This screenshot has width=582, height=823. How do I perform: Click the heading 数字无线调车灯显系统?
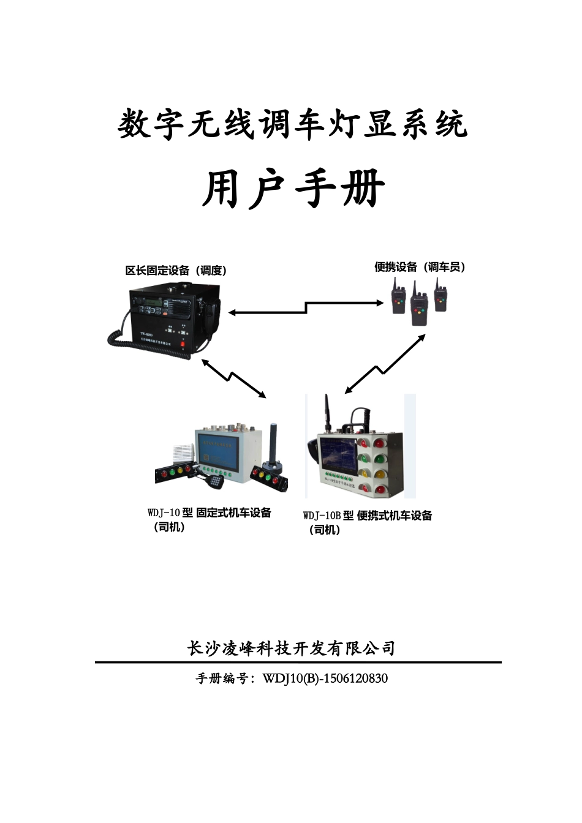(x=292, y=125)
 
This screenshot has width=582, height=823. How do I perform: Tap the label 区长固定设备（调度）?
(x=176, y=271)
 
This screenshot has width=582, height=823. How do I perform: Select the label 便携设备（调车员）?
(x=420, y=267)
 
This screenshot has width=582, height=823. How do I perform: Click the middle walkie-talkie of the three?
(x=419, y=304)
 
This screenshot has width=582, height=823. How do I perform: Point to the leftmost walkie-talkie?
(x=398, y=298)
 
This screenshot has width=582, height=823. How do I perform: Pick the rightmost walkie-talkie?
(x=440, y=296)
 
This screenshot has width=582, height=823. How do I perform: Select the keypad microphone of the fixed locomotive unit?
(x=214, y=481)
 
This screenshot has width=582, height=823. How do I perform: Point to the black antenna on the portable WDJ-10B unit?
(x=328, y=413)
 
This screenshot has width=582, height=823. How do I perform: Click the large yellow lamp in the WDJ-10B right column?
(x=380, y=473)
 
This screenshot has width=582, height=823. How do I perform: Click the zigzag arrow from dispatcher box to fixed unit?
(x=233, y=378)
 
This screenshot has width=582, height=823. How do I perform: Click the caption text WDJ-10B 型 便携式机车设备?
(x=368, y=516)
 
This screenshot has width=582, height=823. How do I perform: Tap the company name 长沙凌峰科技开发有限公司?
(x=291, y=648)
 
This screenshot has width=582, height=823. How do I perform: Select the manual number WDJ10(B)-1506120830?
(x=325, y=678)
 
